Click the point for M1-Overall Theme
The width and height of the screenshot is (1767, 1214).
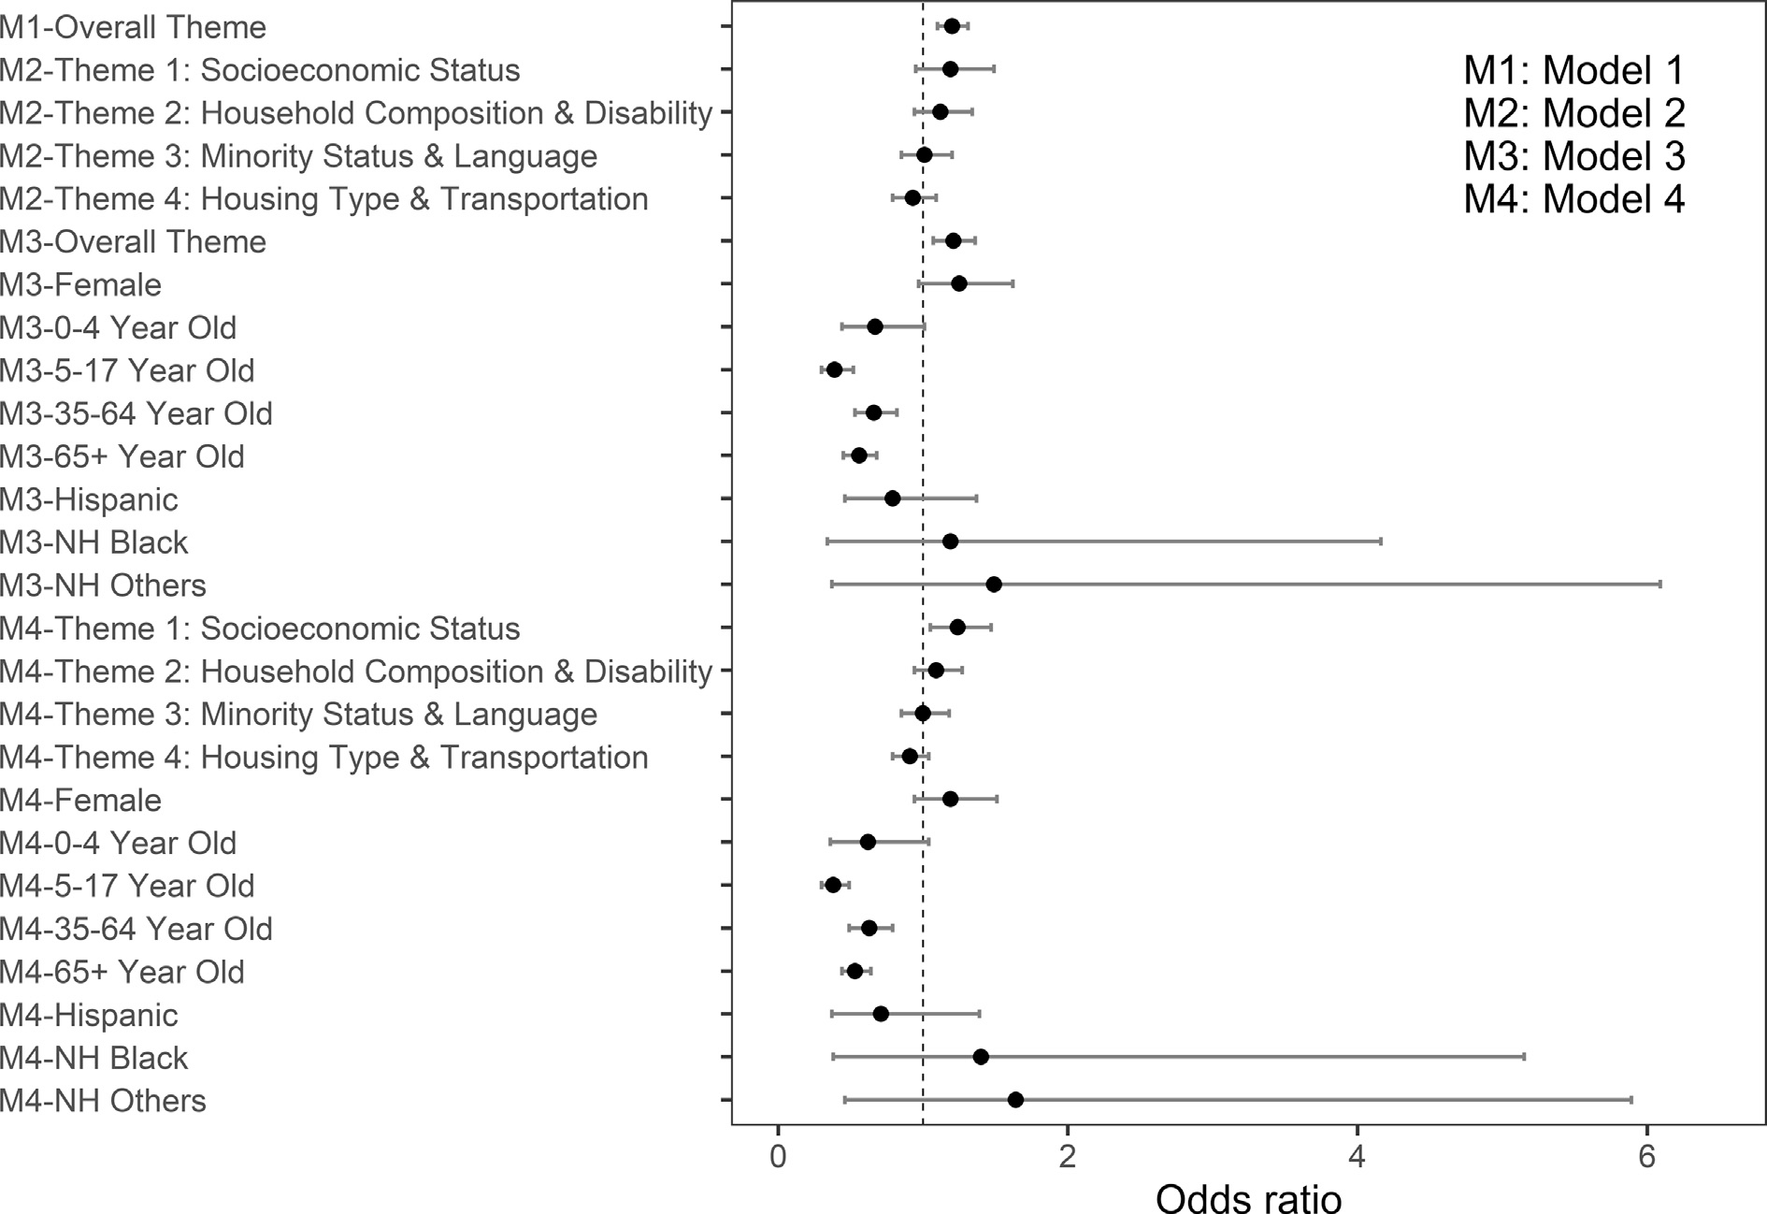tap(952, 26)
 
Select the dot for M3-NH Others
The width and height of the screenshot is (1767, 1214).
tap(994, 585)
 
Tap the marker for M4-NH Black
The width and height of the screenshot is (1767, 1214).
tap(981, 1057)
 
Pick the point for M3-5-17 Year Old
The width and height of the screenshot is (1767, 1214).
tap(834, 369)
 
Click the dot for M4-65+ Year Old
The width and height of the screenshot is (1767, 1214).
tap(855, 971)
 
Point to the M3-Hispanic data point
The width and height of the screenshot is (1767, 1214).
tap(892, 499)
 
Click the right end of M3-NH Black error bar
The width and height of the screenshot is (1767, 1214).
tap(1381, 542)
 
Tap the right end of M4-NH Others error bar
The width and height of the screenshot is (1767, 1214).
tap(1631, 1100)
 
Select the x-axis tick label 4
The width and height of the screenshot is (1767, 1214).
tap(1357, 1158)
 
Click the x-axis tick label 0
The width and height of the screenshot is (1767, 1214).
tap(777, 1158)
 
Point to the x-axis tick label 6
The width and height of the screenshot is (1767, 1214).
tap(1646, 1158)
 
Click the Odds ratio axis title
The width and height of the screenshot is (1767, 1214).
tap(1248, 1198)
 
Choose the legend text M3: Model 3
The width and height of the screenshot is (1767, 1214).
tap(1573, 156)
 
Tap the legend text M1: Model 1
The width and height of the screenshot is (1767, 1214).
tap(1573, 70)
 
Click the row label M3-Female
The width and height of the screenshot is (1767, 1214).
tap(81, 284)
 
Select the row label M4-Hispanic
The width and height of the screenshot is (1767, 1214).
tap(89, 1015)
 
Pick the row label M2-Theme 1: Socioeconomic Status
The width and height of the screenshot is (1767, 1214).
tap(260, 70)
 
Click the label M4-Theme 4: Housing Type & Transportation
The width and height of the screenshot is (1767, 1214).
tap(324, 757)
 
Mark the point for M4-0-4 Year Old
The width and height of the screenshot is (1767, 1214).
tap(868, 842)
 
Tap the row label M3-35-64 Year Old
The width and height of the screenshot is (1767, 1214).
tap(136, 413)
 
